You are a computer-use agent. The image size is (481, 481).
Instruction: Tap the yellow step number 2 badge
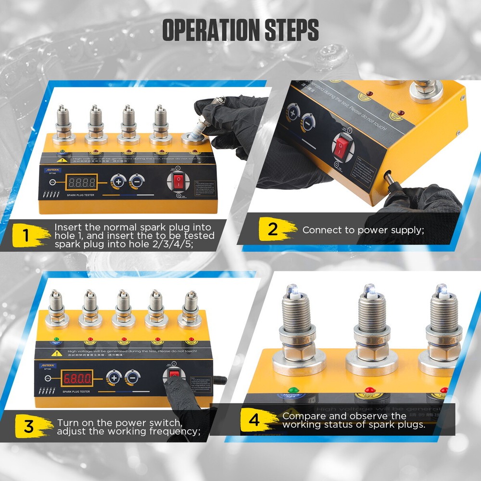click(272, 229)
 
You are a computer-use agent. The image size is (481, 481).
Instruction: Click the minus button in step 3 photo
click(132, 377)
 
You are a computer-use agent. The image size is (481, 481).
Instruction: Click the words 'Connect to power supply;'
click(363, 230)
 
